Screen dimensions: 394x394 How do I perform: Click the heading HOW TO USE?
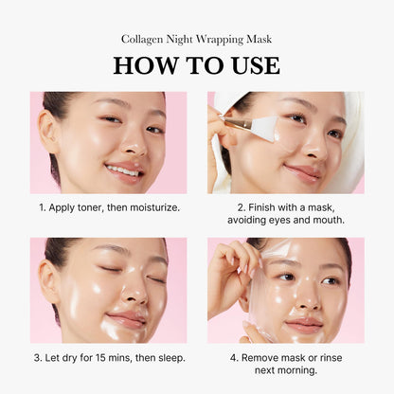[196, 65]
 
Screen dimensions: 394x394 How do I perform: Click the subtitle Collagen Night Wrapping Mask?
[196, 39]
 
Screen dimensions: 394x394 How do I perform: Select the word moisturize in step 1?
[152, 206]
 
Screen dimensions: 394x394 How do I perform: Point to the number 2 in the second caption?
[241, 206]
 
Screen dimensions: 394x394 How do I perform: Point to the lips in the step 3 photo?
[126, 319]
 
